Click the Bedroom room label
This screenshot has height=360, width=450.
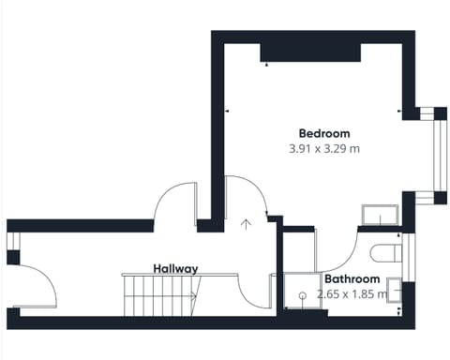324,133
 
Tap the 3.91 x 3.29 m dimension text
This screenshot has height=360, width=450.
324,149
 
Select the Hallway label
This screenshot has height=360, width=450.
175,269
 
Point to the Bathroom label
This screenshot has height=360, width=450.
352,278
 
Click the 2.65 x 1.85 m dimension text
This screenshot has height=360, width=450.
352,294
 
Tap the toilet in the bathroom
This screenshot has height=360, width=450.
386,253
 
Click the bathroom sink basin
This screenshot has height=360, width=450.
394,290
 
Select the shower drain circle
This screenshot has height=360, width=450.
302,295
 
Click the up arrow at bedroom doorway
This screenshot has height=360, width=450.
247,224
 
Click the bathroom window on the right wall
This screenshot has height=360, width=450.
409,257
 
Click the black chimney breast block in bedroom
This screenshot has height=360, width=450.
310,52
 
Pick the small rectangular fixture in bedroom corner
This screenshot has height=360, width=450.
380,215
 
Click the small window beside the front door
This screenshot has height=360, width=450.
13,241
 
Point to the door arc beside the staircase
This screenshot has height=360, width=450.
247,297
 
